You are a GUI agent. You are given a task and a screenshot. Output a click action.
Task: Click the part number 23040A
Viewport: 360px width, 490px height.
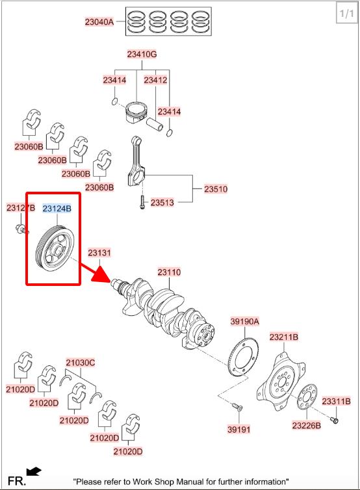tap(99, 22)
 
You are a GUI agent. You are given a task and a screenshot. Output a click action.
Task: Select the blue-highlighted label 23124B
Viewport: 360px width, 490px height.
tap(57, 209)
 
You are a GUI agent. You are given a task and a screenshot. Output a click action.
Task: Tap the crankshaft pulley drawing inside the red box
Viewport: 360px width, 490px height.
tap(55, 250)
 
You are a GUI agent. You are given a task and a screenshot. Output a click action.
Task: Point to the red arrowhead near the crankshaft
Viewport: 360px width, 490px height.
tap(101, 274)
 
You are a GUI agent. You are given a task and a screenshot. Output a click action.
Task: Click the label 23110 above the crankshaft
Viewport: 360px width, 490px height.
tap(169, 272)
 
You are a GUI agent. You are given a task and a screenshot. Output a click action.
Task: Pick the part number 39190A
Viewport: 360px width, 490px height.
tap(245, 321)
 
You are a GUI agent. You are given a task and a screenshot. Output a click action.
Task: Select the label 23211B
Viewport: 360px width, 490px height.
tap(284, 337)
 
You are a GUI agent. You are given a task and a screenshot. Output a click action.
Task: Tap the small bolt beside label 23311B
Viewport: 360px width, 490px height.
tap(335, 420)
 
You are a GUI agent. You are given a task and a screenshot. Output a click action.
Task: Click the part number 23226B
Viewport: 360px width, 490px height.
tap(307, 425)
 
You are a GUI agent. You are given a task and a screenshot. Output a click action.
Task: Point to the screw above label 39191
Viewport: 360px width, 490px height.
tap(237, 407)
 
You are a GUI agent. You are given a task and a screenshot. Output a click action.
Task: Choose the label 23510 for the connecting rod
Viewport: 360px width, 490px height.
tap(216, 189)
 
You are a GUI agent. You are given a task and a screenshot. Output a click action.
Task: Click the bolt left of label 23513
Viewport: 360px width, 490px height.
tap(142, 202)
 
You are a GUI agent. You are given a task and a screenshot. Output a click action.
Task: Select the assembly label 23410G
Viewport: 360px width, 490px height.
tap(142, 55)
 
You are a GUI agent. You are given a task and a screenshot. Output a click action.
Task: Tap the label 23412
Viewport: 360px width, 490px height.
tap(155, 81)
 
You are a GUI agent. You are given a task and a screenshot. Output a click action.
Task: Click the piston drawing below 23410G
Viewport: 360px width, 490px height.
tap(136, 112)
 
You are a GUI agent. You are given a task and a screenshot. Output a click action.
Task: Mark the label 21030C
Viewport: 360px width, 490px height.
tap(81, 363)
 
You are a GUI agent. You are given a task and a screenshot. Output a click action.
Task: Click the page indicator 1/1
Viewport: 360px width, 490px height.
tap(346, 14)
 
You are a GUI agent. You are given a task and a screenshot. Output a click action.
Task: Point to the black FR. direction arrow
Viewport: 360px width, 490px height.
tap(34, 471)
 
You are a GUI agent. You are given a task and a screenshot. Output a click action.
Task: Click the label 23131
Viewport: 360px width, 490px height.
tap(99, 253)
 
